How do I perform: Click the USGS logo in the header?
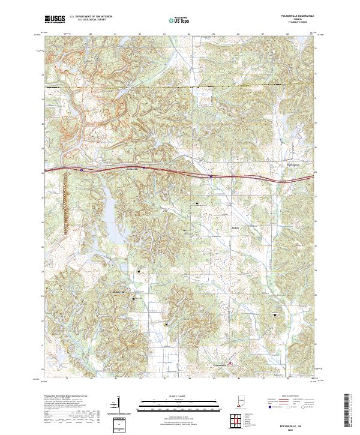coord(55,19)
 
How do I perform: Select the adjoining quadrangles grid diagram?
coord(238,422)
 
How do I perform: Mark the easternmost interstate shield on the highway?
coord(211,176)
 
